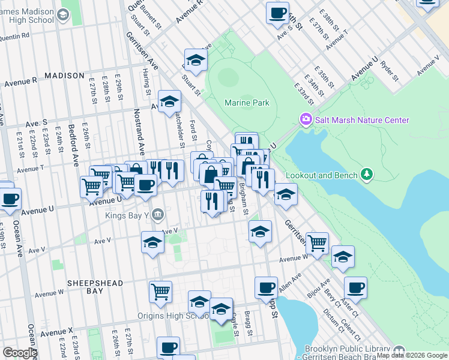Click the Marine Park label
(x=247, y=103)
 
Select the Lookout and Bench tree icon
(x=366, y=175)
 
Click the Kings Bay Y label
(x=125, y=214)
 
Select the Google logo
(x=20, y=353)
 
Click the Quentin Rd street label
(x=16, y=35)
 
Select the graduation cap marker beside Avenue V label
(x=152, y=243)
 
